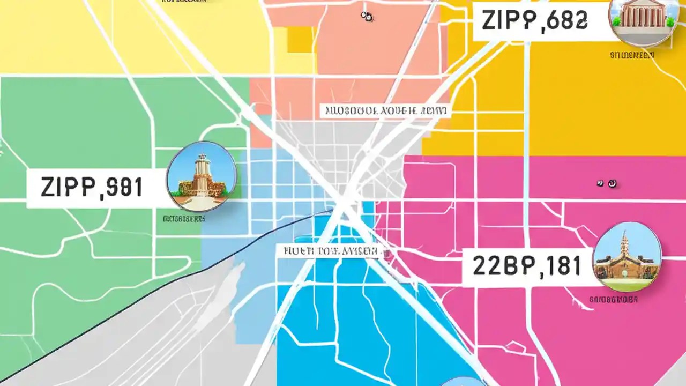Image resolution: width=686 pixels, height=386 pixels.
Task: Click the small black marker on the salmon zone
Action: coord(367,17)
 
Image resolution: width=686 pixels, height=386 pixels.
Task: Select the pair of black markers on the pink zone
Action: coord(607,184)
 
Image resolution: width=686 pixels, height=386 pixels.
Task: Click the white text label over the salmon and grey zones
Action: coord(385,111)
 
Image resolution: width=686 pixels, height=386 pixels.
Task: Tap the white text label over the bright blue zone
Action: coord(328,251)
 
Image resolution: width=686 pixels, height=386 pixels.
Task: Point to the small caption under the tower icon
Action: coord(184,219)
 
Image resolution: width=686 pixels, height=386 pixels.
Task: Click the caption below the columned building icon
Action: coord(632,55)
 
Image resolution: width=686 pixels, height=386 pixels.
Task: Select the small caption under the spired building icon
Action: coord(613,300)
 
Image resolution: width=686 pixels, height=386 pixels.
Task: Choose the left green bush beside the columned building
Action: coord(617,21)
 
